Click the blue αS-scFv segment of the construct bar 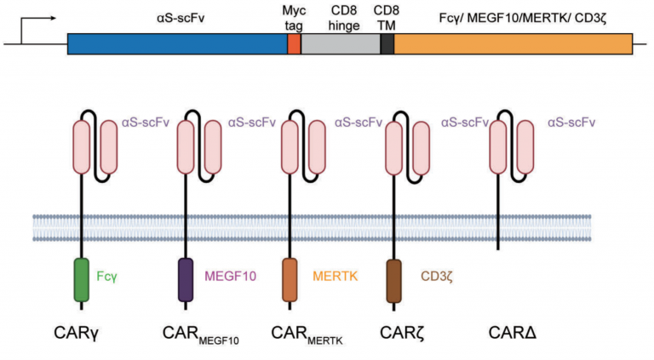coord(177,44)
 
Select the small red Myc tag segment coord(295,44)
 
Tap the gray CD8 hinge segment coord(341,44)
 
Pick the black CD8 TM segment coord(387,44)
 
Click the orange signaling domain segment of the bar coord(513,44)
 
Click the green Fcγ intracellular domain coord(82,279)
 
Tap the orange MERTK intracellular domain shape coord(290,279)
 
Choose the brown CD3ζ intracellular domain coord(395,279)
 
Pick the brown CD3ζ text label coord(438,276)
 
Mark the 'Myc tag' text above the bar coord(295,16)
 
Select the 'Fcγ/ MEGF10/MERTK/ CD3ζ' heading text coord(513,15)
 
